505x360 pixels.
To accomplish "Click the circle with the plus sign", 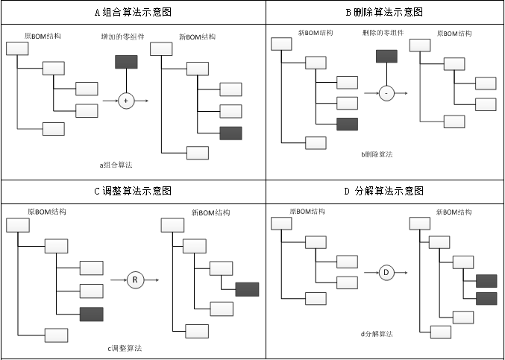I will coord(125,101).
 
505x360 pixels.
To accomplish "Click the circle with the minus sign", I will coord(386,93).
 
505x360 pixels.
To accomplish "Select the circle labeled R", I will coord(135,280).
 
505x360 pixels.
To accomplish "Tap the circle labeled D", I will coord(386,272).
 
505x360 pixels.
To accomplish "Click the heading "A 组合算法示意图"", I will coord(133,12).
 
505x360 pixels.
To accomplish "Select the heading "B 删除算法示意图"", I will coord(384,12).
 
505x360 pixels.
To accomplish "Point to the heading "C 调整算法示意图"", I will coord(133,191).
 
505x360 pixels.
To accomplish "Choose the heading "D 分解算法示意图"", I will coord(384,191).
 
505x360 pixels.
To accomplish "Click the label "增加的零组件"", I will coord(123,36).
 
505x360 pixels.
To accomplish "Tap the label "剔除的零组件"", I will coord(383,34).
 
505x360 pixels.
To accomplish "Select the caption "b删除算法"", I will coord(377,154).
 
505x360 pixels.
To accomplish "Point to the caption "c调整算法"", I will coord(125,348).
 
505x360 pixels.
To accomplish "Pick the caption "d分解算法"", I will coord(377,334).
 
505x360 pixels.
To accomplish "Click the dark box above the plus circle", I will coord(126,63).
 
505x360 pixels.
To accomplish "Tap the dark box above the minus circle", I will coord(386,56).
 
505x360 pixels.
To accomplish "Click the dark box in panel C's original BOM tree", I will coord(91,314).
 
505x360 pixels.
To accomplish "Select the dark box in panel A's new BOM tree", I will coord(231,133).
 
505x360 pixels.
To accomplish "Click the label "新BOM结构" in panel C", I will coord(210,212).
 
